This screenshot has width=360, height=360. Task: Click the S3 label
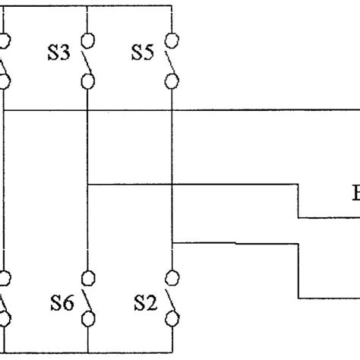click(60, 55)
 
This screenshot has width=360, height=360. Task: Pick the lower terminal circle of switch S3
click(88, 80)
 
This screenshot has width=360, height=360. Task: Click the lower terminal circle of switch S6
click(88, 324)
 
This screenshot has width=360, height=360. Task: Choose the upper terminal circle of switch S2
click(173, 278)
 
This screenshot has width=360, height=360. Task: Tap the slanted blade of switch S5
click(168, 59)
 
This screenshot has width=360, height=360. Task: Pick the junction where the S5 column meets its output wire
click(173, 243)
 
